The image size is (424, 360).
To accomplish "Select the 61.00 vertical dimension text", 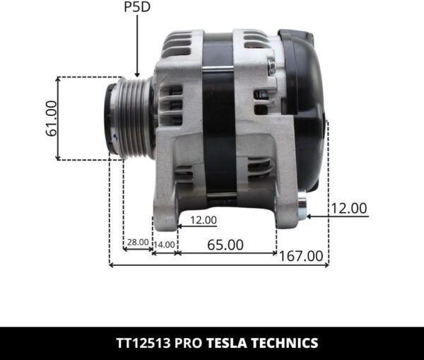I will pos(50,119).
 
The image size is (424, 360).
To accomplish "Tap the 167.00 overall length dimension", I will pos(301,256).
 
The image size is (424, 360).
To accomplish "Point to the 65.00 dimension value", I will pos(225,245).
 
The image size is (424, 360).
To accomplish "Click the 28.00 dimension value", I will pos(137,243).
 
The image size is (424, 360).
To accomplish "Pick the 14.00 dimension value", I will pos(165,244).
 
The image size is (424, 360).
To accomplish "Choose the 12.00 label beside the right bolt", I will pos(350,208).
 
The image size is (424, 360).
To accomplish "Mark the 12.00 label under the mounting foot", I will pos(203,220).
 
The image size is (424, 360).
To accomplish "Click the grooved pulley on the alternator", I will pos(131,117).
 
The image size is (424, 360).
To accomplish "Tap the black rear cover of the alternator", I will pos(304,106).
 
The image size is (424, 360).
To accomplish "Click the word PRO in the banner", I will pos(190,343).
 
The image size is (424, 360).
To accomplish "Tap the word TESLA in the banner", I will pos(227,343).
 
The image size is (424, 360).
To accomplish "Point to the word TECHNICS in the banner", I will pos(283,343).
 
